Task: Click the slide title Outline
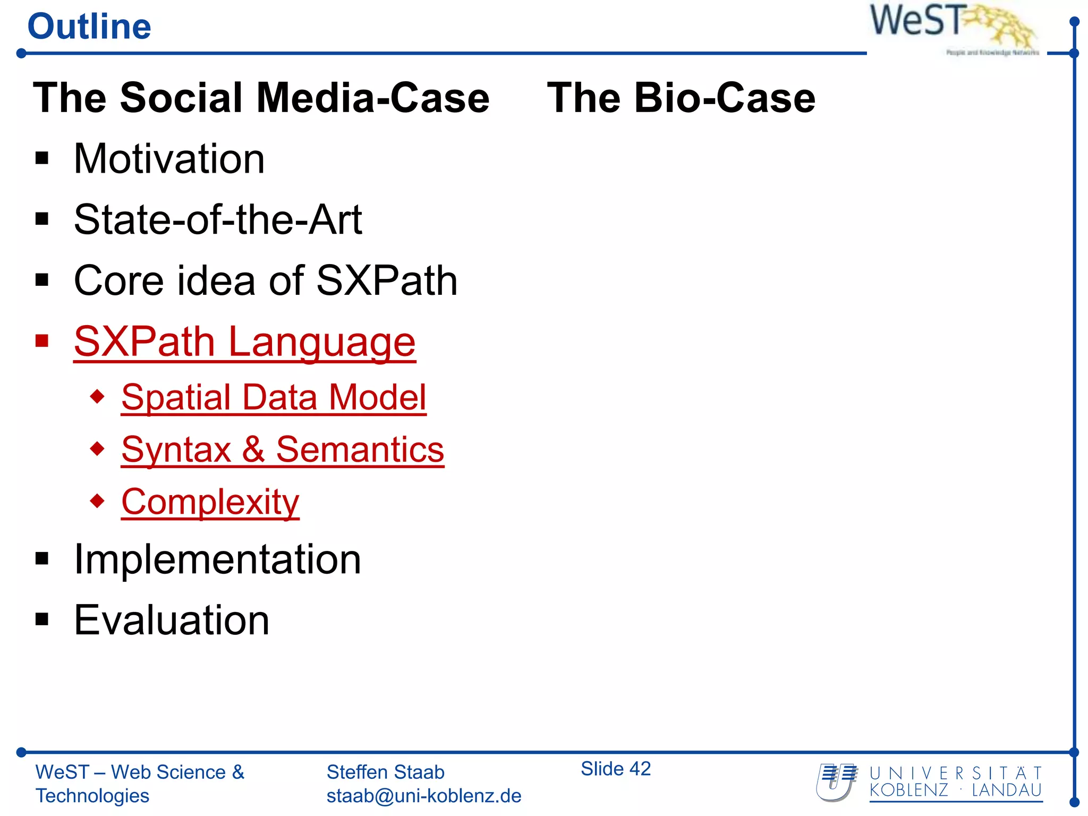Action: coord(89,27)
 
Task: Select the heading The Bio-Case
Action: coord(681,98)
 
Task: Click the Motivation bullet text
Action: coord(169,159)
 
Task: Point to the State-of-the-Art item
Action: coord(218,219)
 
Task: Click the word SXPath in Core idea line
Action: coord(386,280)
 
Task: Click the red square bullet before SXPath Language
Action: coord(42,341)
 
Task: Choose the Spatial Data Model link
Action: coord(274,397)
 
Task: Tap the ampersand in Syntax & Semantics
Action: coord(253,450)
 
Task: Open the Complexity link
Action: coord(210,502)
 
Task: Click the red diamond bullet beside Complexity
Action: coord(97,500)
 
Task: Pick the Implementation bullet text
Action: coord(217,559)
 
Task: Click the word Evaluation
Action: coord(172,620)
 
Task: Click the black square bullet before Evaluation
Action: coord(42,619)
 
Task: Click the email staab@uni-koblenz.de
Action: coord(423,796)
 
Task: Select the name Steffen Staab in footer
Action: coord(385,772)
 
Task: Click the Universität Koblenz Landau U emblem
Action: coord(836,782)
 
